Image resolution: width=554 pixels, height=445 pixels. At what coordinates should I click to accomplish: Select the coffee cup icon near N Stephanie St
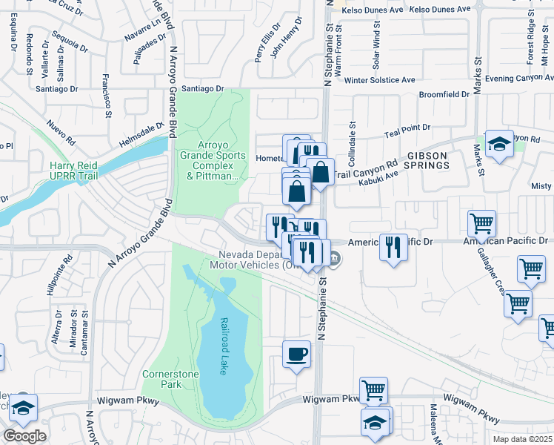[297, 355]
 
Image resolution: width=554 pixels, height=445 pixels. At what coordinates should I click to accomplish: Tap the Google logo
[24, 436]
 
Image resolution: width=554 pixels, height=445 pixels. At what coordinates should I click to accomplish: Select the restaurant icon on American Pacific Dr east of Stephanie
[393, 246]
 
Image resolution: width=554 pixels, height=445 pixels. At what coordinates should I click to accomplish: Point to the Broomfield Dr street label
[444, 94]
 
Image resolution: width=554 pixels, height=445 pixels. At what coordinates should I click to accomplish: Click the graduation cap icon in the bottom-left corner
[24, 407]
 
